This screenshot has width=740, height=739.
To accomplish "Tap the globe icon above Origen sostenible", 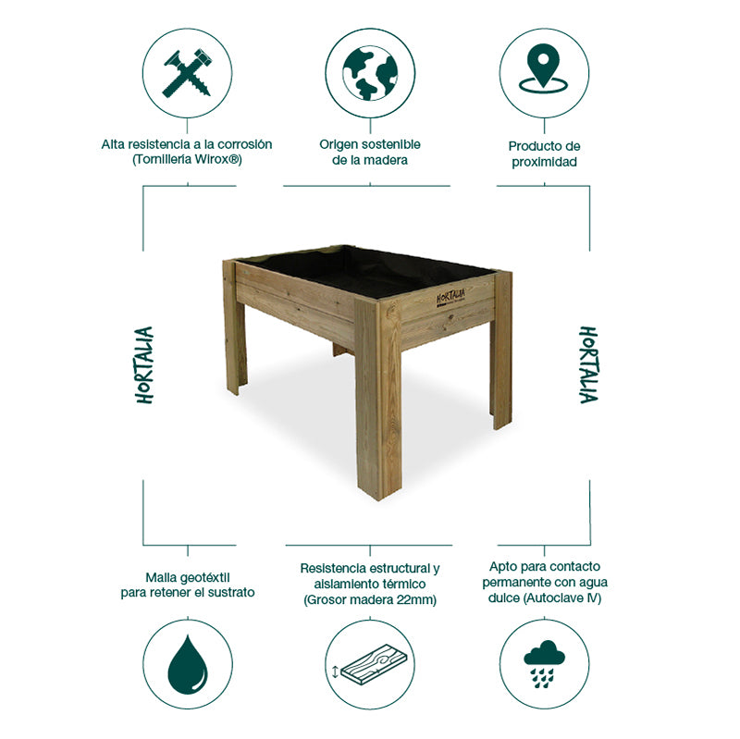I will (370, 72).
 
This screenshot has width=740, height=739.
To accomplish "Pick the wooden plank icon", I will (370, 665).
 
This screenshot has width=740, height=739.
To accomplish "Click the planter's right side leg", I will (501, 351).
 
